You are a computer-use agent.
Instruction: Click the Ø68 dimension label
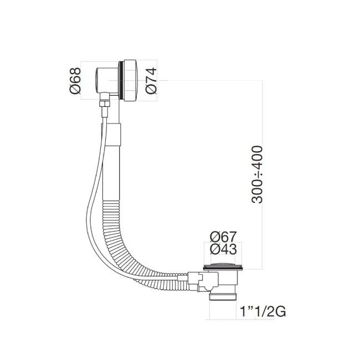[x=76, y=81]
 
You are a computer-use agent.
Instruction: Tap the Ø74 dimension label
[x=151, y=81]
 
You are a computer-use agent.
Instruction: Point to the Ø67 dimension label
[x=223, y=236]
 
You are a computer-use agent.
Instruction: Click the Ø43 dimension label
[x=223, y=250]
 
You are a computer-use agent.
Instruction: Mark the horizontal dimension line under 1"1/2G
[x=224, y=320]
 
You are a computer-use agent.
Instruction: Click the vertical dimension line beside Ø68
[x=82, y=81]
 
